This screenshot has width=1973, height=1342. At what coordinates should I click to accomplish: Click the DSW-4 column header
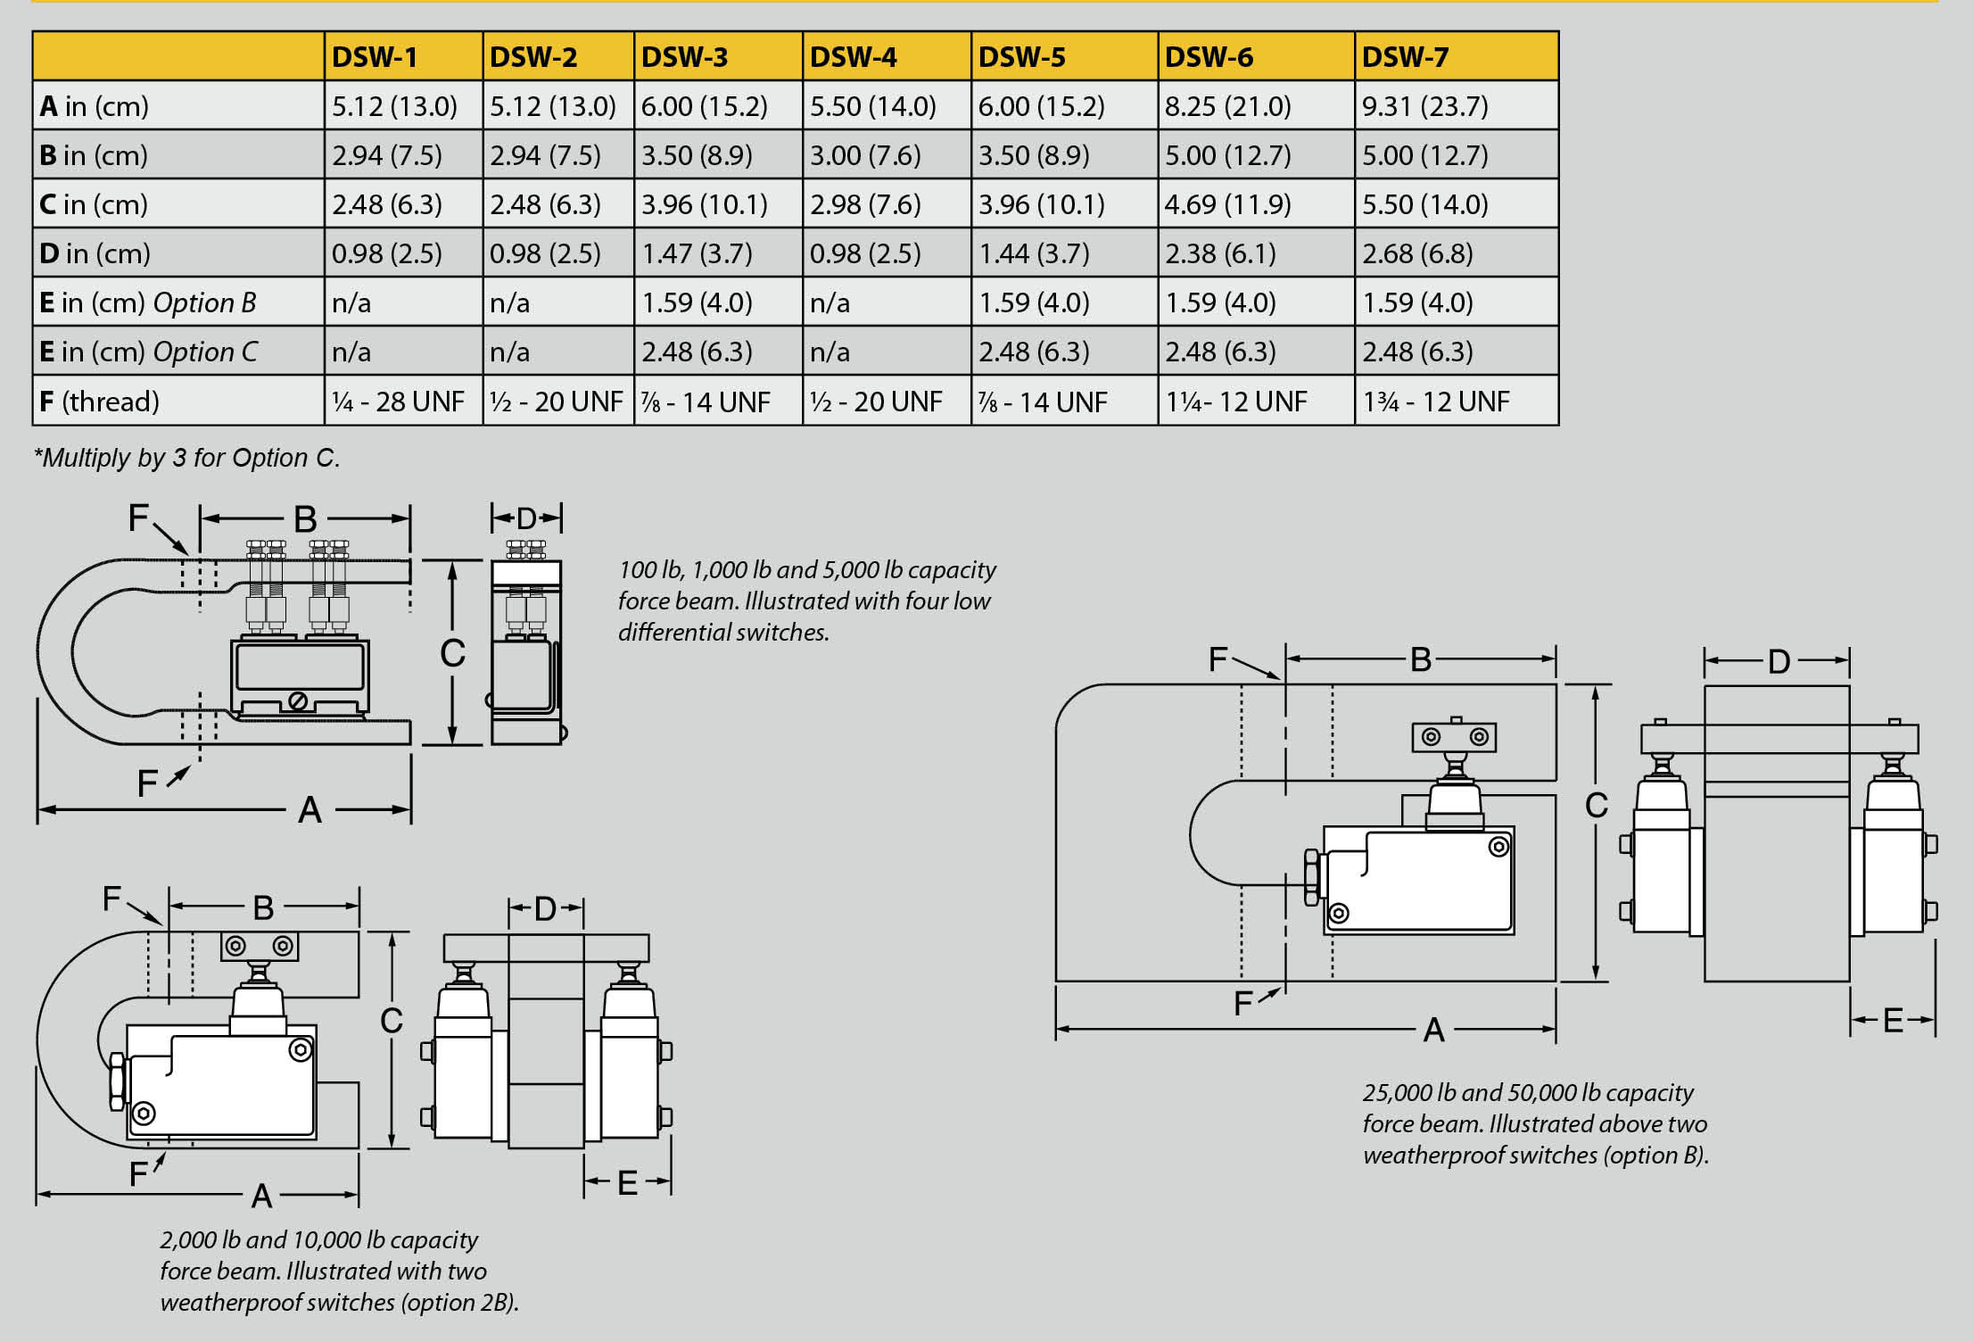[853, 57]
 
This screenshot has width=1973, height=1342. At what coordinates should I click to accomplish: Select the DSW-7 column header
[1405, 57]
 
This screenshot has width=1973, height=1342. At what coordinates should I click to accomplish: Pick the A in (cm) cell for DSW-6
[1227, 106]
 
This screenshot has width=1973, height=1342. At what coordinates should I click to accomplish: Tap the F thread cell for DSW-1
[398, 402]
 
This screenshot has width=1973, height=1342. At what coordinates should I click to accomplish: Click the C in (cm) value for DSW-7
[1424, 204]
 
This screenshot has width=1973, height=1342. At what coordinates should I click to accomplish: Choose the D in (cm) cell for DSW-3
[697, 253]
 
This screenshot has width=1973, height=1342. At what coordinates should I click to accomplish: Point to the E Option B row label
[148, 302]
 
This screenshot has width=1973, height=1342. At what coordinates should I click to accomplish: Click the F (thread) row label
[99, 402]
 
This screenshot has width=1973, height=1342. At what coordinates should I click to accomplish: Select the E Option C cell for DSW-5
[1034, 352]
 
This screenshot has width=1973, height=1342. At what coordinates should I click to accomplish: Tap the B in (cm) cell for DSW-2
[545, 155]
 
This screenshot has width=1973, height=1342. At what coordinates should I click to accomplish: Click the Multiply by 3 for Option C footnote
[186, 458]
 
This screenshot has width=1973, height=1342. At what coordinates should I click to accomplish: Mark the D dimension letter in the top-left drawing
[526, 518]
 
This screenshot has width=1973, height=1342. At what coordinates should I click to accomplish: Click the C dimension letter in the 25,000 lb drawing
[1596, 806]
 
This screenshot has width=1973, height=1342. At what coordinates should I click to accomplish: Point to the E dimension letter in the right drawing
[1893, 1020]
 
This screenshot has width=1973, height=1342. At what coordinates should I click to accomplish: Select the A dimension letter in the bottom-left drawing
[261, 1196]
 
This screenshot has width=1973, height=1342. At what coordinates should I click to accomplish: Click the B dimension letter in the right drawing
[1421, 659]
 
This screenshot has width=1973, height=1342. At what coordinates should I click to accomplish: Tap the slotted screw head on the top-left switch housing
[298, 701]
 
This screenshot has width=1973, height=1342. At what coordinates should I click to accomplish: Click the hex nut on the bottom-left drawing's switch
[117, 1081]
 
